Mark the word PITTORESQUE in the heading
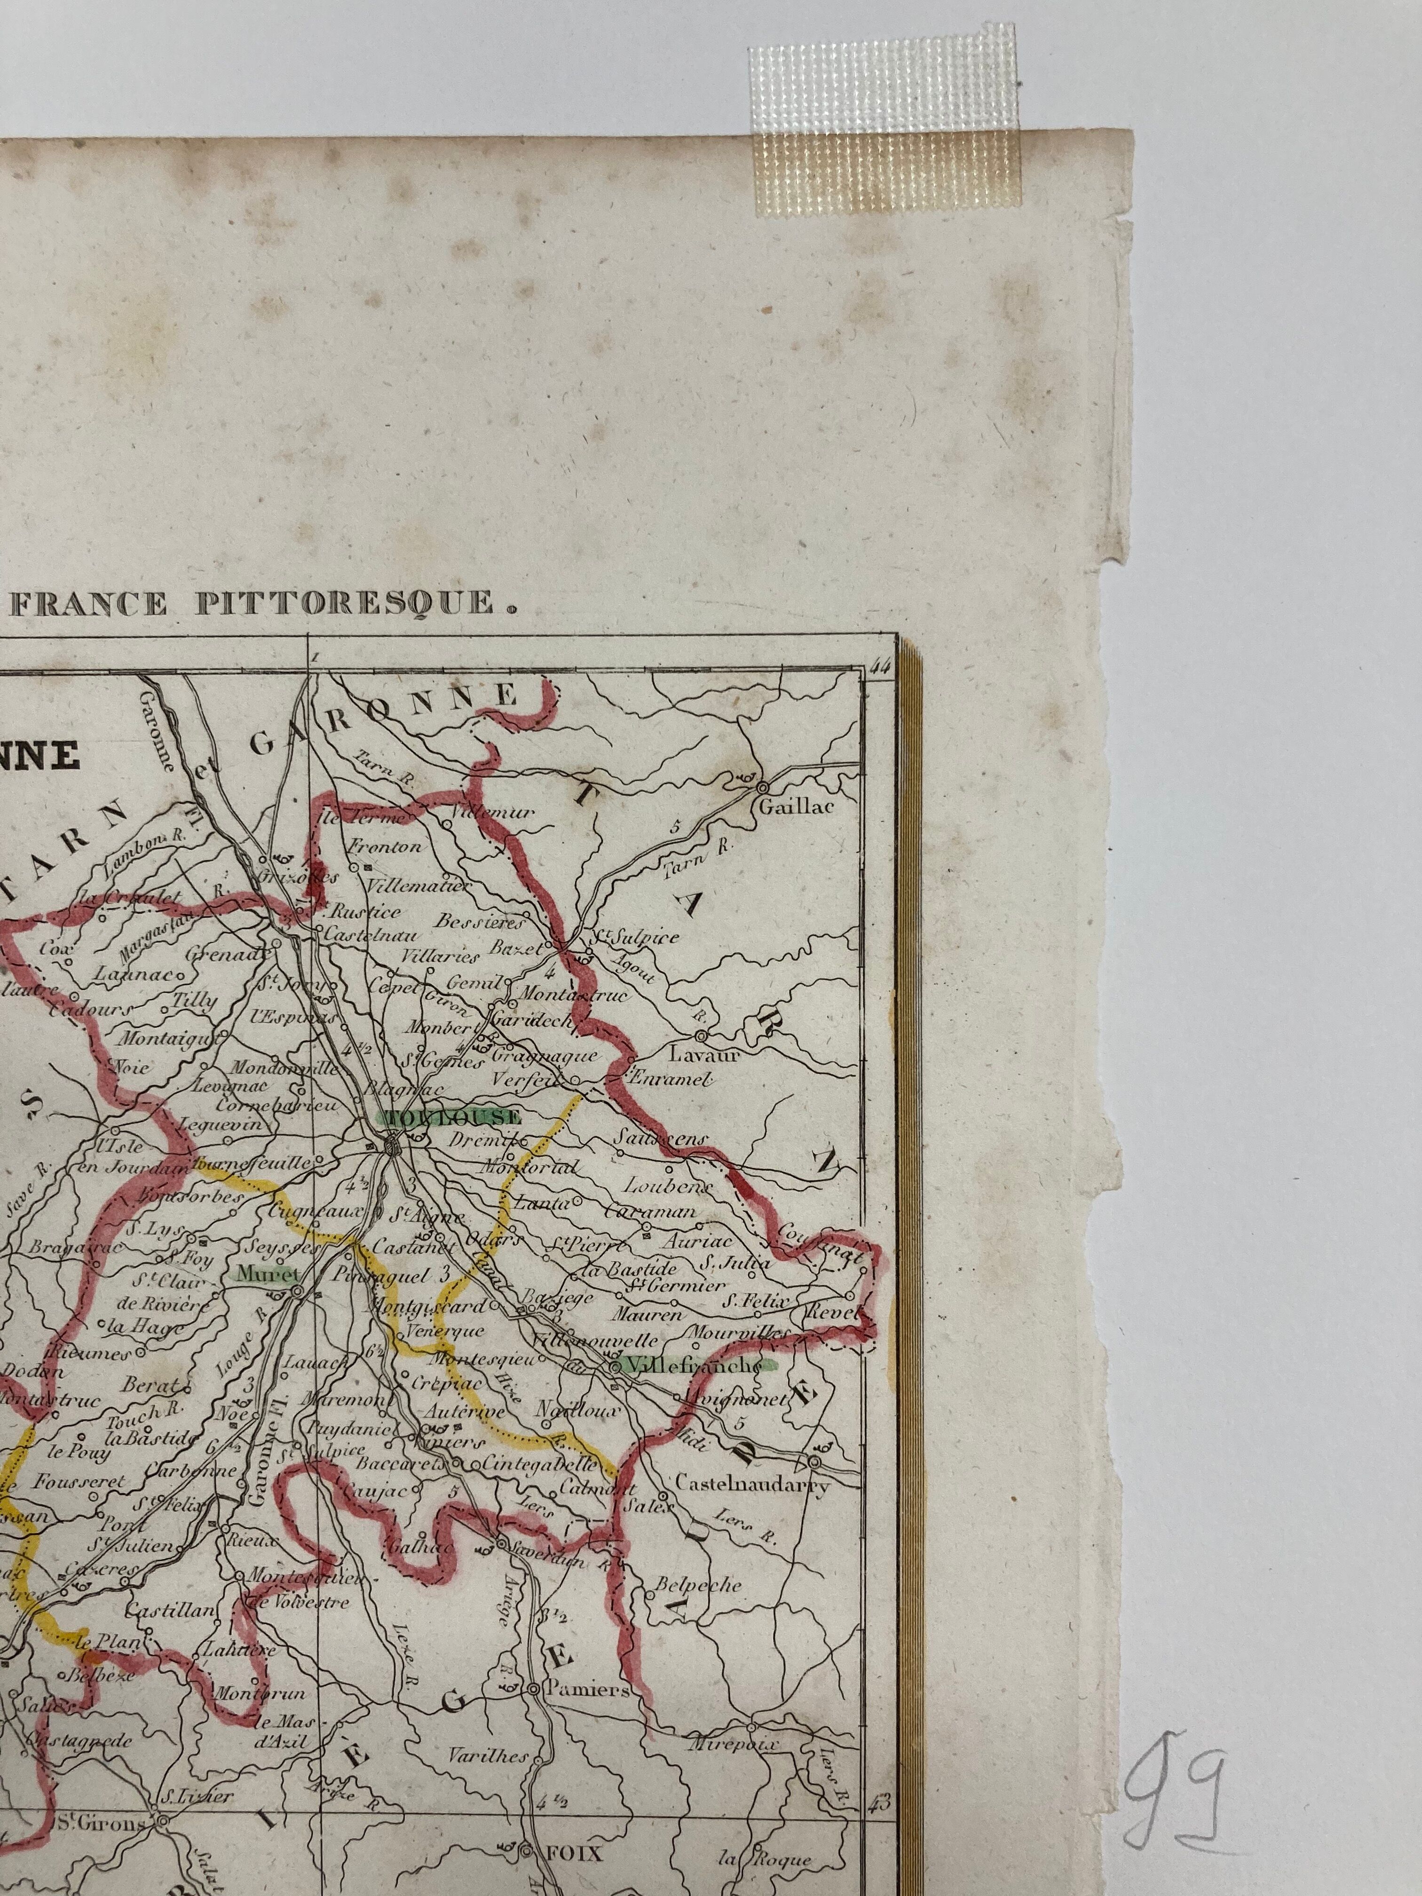[346, 603]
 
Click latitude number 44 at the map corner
[878, 666]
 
